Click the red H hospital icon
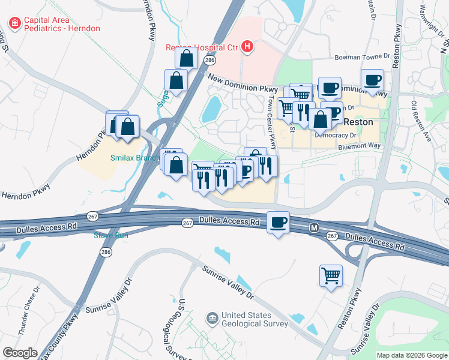tap(247, 47)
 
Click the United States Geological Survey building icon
tap(212, 317)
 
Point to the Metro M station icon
tap(314, 228)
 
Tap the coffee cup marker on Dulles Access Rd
tap(278, 223)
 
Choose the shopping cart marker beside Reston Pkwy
tap(331, 276)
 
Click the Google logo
tap(20, 352)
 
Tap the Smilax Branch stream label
tap(134, 158)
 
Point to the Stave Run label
tap(111, 235)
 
